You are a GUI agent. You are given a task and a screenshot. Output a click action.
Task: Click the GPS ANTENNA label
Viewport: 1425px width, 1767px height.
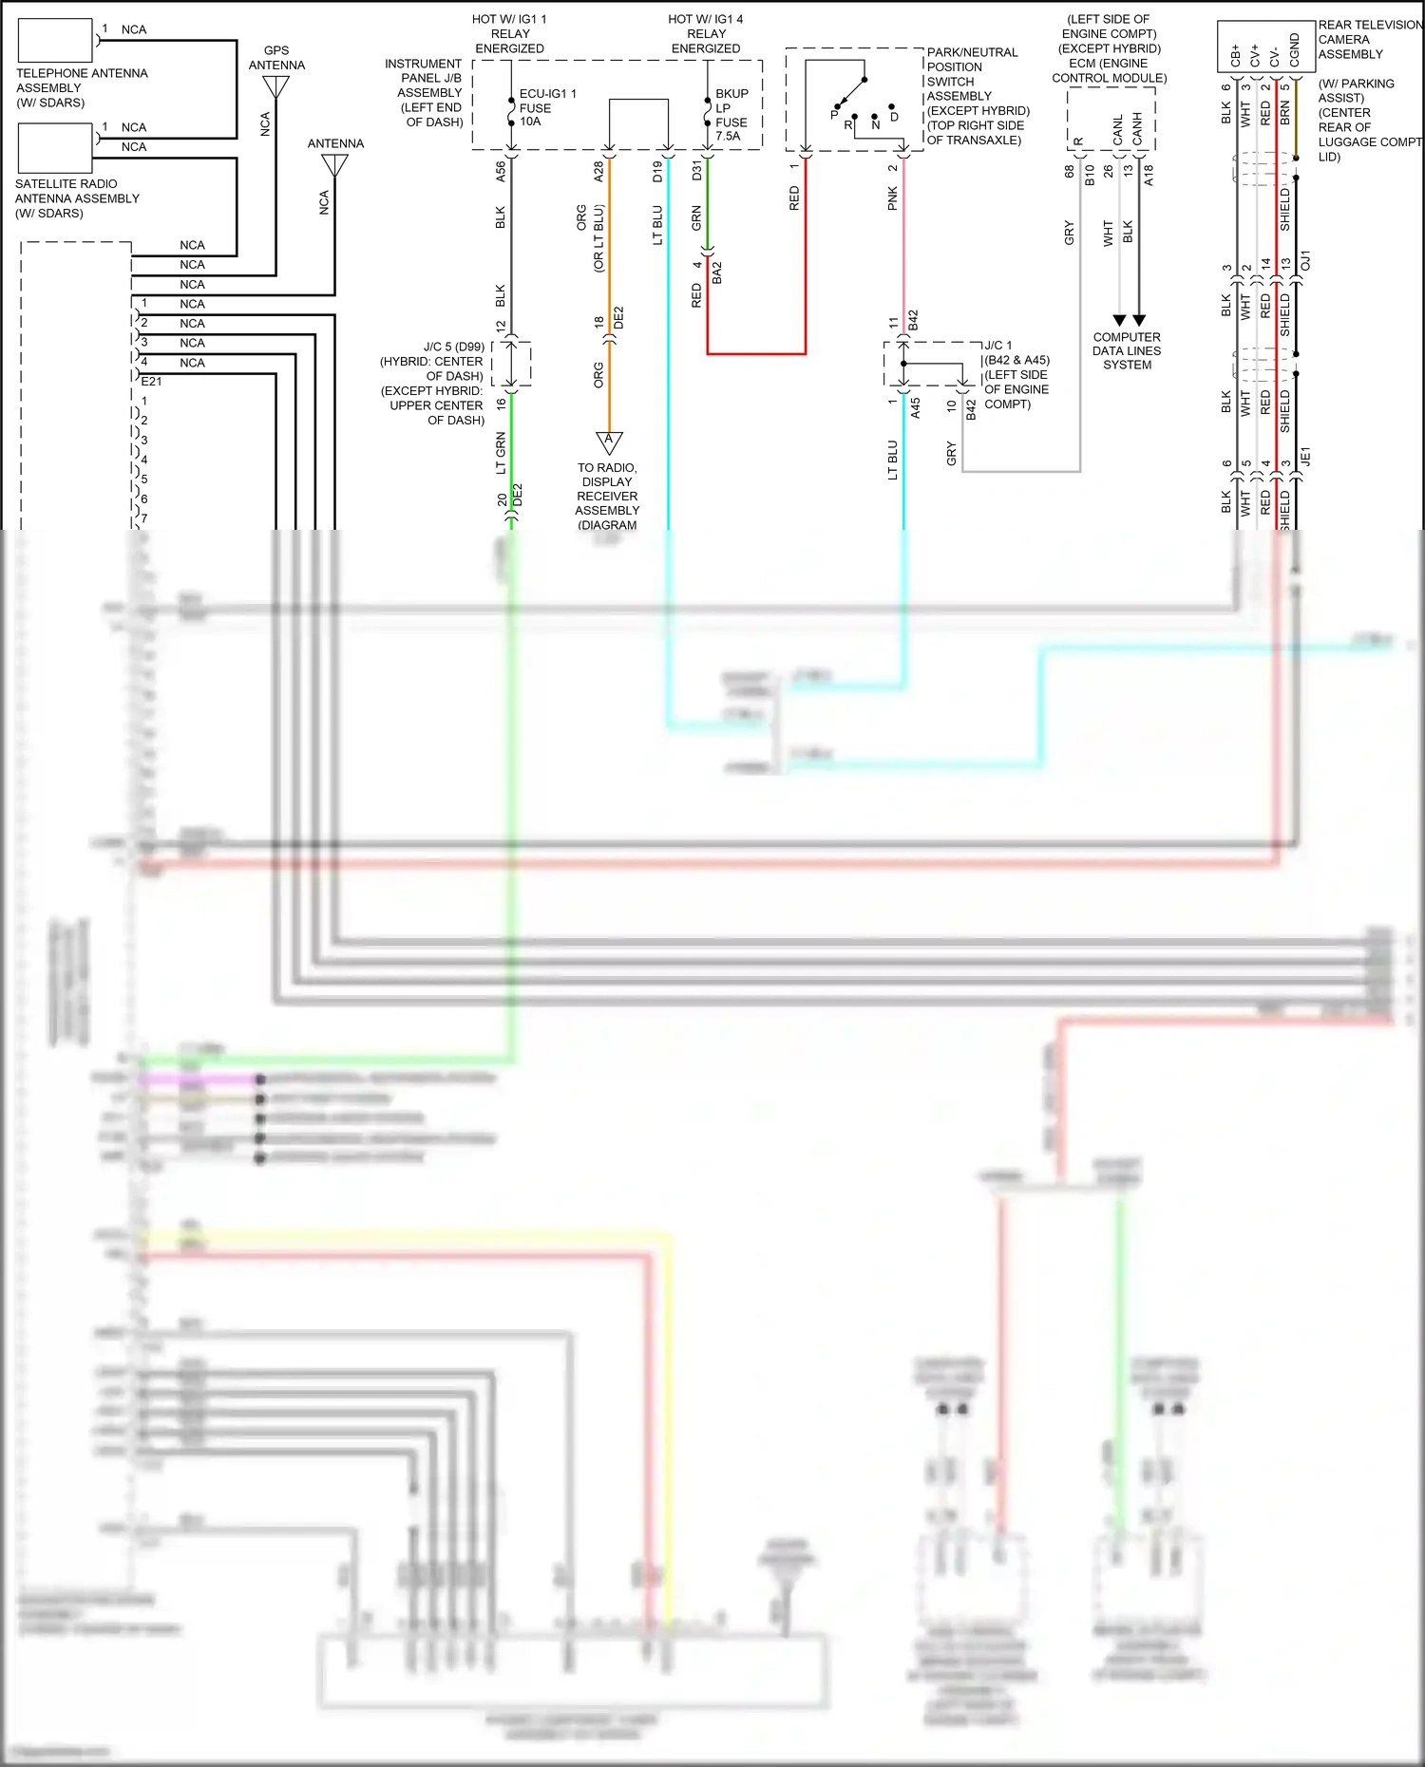(276, 58)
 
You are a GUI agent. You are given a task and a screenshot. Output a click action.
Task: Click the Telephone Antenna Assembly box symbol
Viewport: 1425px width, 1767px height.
(55, 41)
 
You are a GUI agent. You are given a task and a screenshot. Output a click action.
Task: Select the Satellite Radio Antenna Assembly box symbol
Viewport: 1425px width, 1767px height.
(55, 148)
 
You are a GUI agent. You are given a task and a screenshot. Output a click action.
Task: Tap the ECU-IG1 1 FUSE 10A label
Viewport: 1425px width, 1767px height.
(546, 107)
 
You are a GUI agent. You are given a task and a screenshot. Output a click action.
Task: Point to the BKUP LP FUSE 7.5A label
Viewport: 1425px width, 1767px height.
(731, 115)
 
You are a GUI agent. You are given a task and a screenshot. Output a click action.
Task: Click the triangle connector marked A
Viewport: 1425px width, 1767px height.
(609, 442)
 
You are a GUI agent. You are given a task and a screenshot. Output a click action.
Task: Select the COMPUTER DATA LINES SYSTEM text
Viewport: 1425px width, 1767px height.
(1127, 350)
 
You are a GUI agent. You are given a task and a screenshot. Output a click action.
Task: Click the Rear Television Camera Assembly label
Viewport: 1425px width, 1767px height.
(1368, 40)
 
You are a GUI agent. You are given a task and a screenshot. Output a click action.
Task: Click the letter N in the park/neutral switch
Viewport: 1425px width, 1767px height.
(876, 124)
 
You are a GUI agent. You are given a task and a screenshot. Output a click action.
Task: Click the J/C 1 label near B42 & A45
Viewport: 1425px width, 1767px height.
(998, 346)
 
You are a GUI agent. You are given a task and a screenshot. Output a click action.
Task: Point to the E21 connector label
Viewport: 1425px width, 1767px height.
(151, 382)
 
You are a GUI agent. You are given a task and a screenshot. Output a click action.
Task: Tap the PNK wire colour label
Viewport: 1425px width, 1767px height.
(893, 198)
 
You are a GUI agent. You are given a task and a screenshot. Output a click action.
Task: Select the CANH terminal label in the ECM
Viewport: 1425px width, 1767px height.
(1137, 129)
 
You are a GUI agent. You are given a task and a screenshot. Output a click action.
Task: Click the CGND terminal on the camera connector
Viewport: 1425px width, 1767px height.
(1294, 50)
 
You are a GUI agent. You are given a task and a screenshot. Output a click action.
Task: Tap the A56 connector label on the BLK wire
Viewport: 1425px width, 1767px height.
(501, 172)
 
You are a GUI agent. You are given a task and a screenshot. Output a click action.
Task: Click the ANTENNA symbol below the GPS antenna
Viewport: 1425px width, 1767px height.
(334, 165)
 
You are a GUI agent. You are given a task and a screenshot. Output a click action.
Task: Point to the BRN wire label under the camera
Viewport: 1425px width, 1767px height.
(1285, 113)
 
